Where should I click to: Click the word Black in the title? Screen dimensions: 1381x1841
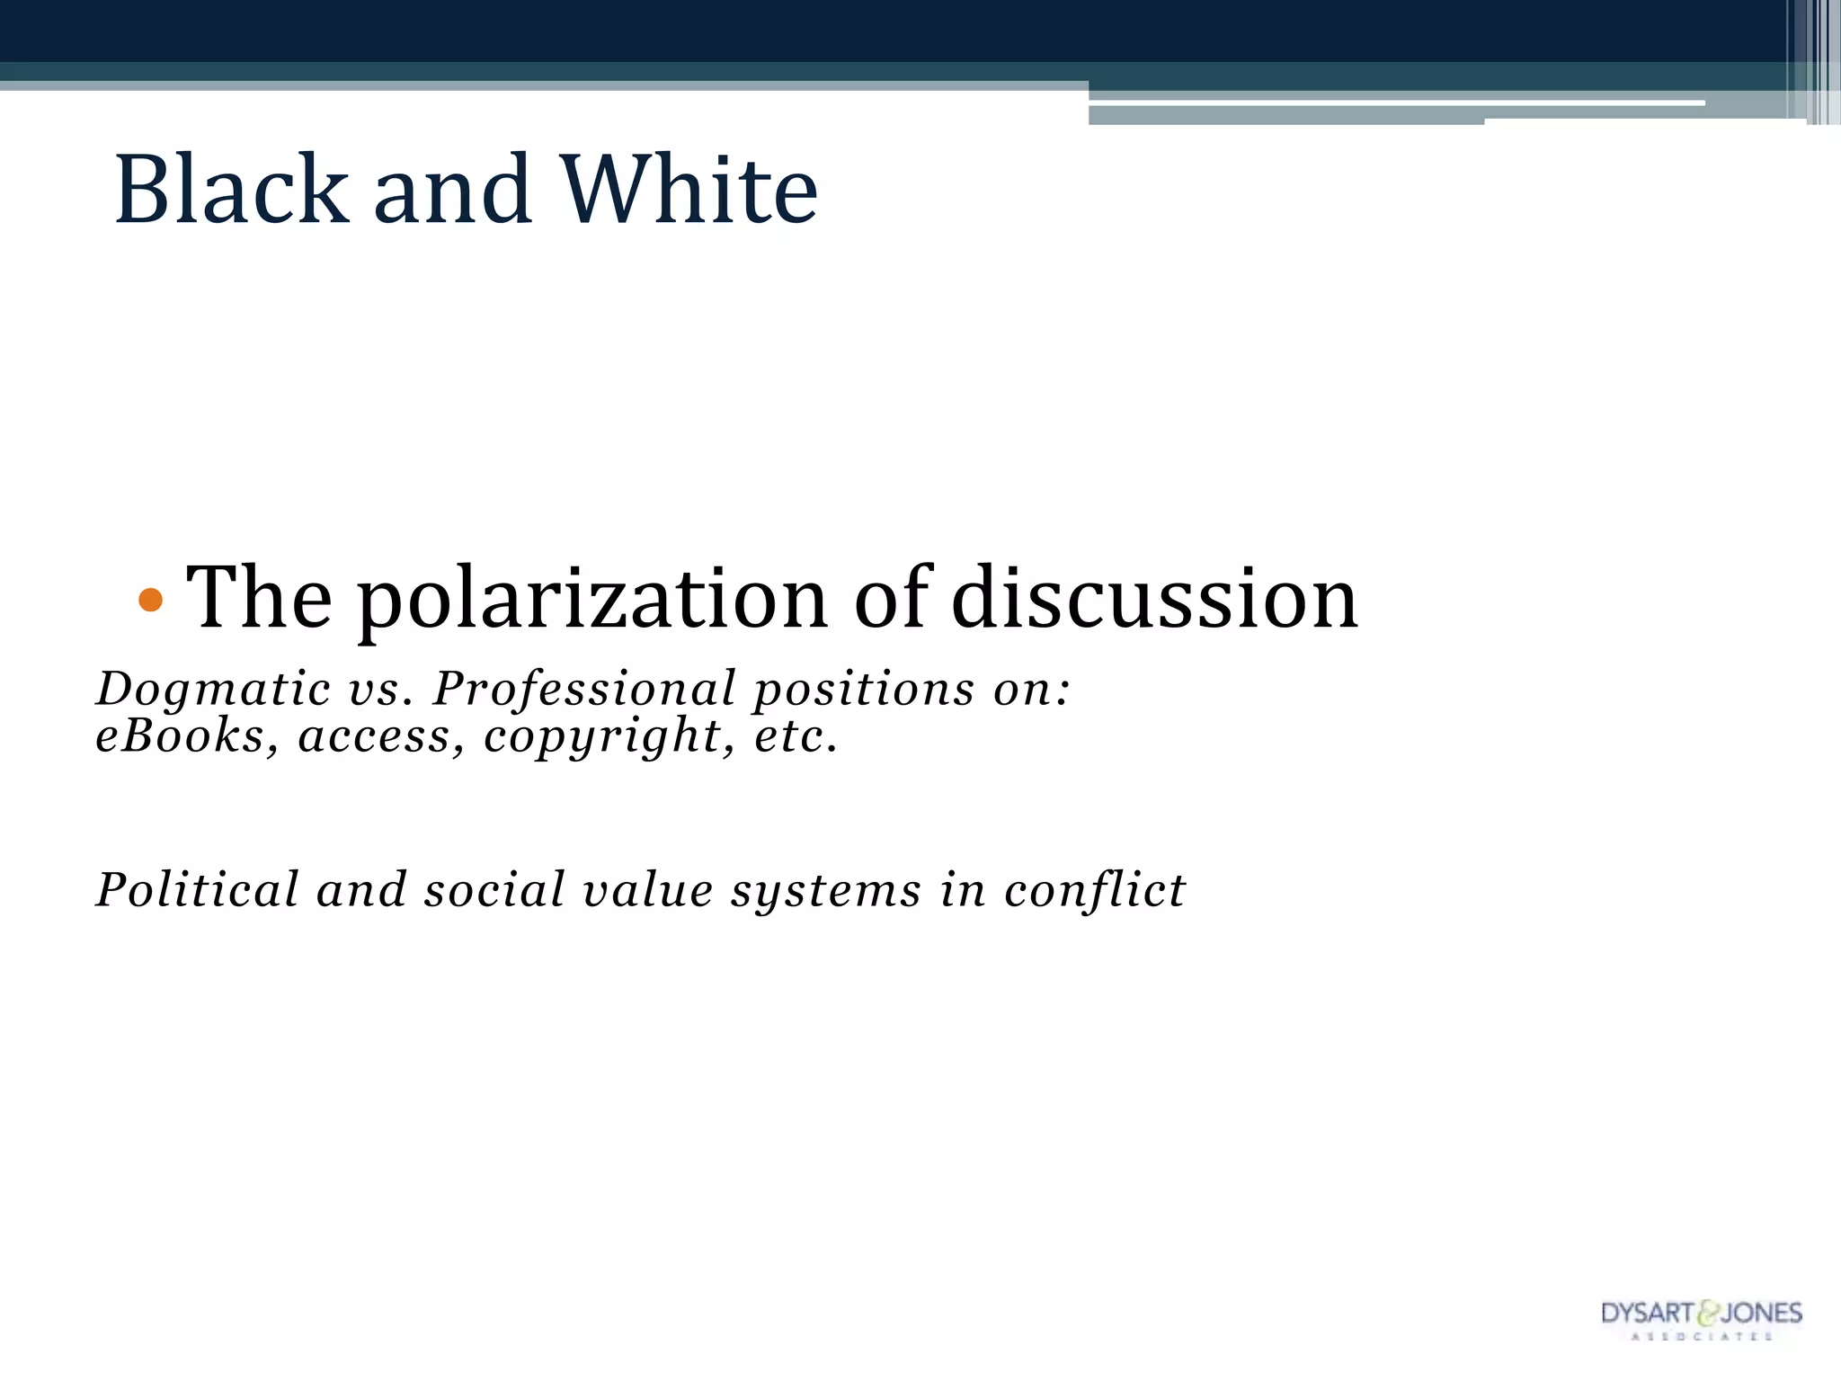231,190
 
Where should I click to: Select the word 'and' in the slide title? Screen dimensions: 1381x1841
452,190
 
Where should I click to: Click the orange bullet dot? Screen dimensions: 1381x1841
151,600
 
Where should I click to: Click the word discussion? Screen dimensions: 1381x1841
1154,598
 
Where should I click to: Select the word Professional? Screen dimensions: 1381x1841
584,689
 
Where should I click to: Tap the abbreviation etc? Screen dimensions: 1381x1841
796,735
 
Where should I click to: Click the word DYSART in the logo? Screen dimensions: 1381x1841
1647,1314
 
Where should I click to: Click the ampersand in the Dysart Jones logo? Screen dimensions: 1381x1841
1706,1314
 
